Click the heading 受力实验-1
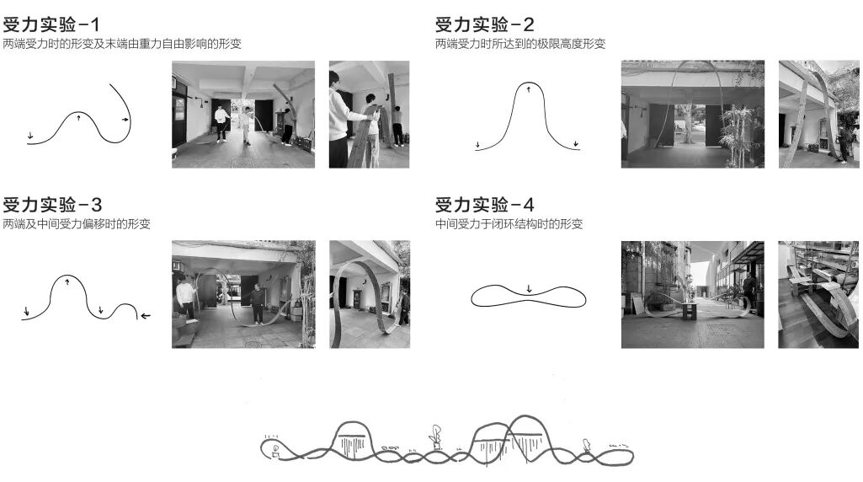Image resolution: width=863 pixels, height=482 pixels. point(52,24)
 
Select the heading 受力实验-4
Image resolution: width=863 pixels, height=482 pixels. point(485,205)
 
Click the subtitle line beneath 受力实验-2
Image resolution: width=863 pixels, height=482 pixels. point(519,44)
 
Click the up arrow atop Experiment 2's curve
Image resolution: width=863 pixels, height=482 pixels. point(529,88)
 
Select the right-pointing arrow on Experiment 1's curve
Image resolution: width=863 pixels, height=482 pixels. point(125,121)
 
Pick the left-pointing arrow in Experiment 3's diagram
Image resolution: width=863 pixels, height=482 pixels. point(146,316)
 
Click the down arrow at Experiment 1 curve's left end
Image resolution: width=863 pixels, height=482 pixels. point(30,135)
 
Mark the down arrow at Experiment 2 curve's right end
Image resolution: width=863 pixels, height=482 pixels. point(577,144)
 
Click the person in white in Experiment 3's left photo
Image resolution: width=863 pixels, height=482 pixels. point(184,297)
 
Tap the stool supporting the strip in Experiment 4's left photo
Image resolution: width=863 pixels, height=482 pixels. point(690,310)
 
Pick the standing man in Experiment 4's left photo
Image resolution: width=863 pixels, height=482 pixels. point(748,291)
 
